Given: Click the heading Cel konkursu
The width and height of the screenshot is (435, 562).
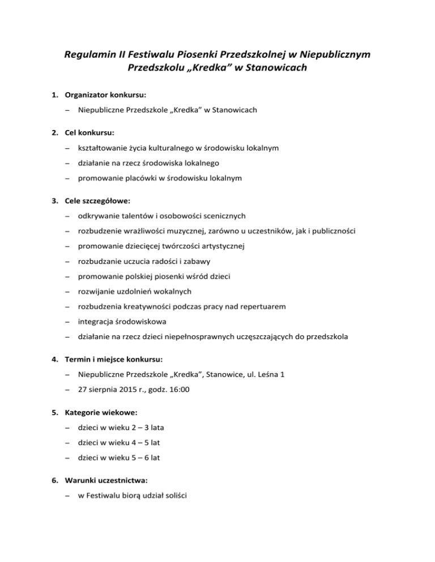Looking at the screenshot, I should pyautogui.click(x=89, y=133).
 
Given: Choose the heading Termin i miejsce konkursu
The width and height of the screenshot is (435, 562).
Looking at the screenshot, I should pyautogui.click(x=117, y=359).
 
